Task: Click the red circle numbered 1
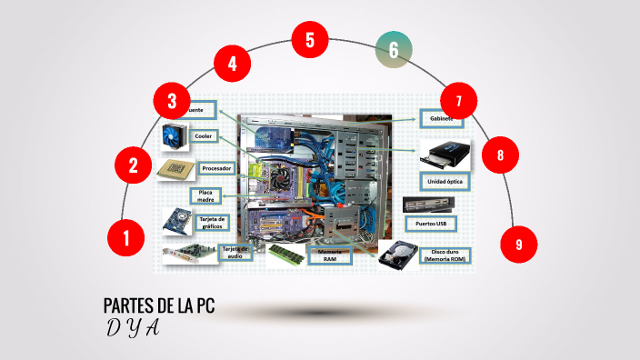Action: coord(126,238)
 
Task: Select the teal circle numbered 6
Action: coord(393,50)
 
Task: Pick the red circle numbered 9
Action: coord(518,244)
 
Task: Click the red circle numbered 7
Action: coord(459,100)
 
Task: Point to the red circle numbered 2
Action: coord(134,165)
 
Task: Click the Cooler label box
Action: coord(204,136)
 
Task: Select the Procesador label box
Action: coord(217,168)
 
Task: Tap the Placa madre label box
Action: coord(206,195)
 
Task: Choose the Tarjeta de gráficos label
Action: coord(212,222)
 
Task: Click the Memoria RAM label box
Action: coord(329,255)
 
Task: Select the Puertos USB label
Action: coord(429,223)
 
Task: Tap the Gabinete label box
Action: coord(442,119)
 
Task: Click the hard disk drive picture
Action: coord(396,256)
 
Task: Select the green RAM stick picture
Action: coord(285,252)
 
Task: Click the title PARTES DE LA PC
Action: coord(159,305)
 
